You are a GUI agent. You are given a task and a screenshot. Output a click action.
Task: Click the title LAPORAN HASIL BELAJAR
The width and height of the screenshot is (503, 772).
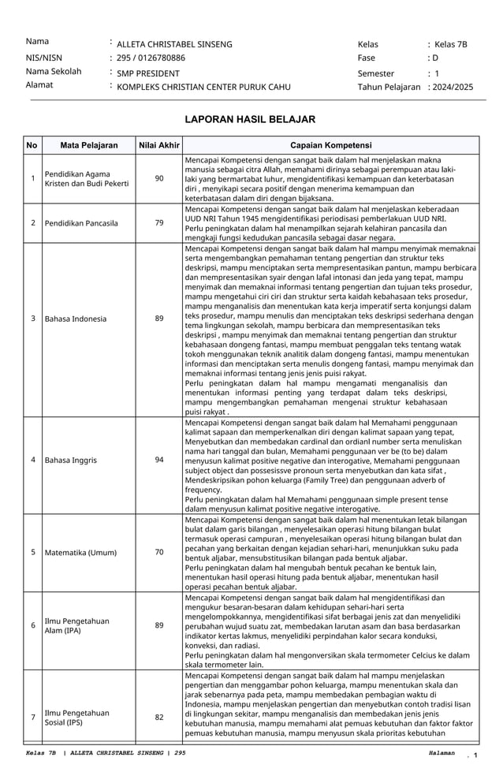point(249,120)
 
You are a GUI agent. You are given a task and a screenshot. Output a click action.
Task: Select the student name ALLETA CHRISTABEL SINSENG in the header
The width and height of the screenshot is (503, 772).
point(174,44)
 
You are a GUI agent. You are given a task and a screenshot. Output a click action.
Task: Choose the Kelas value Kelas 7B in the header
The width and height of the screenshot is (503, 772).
point(450,44)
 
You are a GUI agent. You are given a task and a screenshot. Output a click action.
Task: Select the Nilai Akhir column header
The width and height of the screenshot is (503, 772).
point(159,145)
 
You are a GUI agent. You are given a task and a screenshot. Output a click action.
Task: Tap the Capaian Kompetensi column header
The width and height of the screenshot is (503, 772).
point(330,145)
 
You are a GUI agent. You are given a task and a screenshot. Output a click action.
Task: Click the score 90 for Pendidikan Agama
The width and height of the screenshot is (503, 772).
point(159,179)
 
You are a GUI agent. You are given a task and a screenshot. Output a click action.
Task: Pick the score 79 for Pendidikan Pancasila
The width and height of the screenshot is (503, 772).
point(159,223)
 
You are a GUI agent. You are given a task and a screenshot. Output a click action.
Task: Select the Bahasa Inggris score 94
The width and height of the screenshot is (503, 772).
point(159,459)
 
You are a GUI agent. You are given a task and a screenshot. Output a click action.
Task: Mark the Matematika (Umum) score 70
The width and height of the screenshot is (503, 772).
point(159,553)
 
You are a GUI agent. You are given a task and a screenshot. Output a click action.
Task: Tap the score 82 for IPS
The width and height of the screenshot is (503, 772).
point(159,717)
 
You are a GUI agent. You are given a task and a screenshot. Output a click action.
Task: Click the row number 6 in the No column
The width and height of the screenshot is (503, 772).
point(32,625)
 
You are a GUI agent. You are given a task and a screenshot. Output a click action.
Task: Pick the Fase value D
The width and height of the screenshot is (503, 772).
point(434,58)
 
